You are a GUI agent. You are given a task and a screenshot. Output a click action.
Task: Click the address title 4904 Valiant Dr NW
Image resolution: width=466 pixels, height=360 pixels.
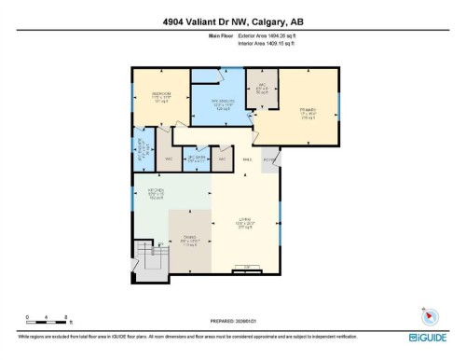(x=233, y=22)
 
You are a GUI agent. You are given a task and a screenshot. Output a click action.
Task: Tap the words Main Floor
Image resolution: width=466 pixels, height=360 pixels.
(x=220, y=36)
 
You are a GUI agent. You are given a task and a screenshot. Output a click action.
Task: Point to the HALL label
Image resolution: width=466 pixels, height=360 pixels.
(x=247, y=160)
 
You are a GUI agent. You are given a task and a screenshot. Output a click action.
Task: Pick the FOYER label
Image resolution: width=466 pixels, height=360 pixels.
(x=270, y=160)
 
